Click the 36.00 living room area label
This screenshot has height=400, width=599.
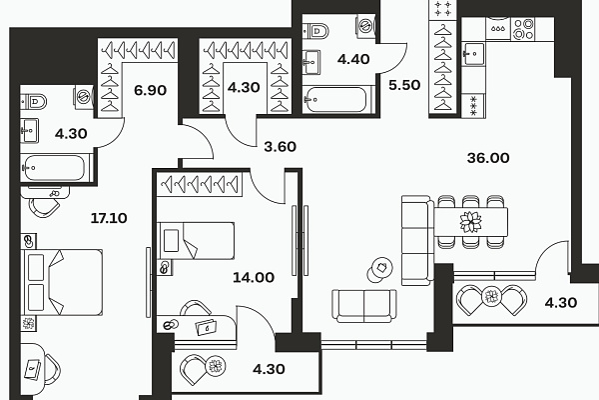[x=488, y=158]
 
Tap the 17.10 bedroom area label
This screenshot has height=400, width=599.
[x=109, y=218]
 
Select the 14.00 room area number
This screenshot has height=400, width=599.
[x=254, y=277]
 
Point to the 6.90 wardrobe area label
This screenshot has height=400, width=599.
[x=150, y=90]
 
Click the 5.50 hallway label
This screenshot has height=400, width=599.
[x=404, y=85]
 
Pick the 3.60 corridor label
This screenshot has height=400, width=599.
[x=280, y=146]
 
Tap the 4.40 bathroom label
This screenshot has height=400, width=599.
[x=353, y=59]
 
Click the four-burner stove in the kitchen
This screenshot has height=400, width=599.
[x=523, y=29]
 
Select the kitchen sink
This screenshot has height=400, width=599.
[x=473, y=55]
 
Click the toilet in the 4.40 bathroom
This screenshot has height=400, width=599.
[x=315, y=31]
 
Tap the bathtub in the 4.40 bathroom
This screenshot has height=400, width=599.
[x=335, y=100]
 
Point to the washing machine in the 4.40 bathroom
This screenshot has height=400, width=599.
[x=365, y=26]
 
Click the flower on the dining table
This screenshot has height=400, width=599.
[x=470, y=222]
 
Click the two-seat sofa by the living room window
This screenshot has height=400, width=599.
[x=364, y=305]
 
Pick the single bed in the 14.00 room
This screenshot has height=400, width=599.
[x=196, y=241]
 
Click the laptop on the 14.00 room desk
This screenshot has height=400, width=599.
[x=207, y=328]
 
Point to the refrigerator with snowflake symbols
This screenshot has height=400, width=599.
[x=473, y=106]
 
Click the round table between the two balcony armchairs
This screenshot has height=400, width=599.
[x=490, y=296]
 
